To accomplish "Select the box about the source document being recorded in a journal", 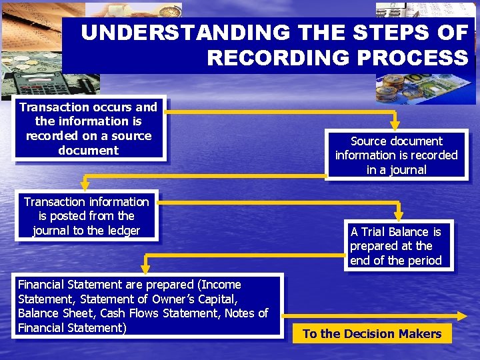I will pos(396,155).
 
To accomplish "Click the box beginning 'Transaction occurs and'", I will pos(89,129).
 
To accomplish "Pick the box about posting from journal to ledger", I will pos(87,216).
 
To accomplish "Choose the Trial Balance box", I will pos(396,245).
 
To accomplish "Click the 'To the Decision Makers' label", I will pos(372,334).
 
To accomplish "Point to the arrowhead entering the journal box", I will pos(395,125).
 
